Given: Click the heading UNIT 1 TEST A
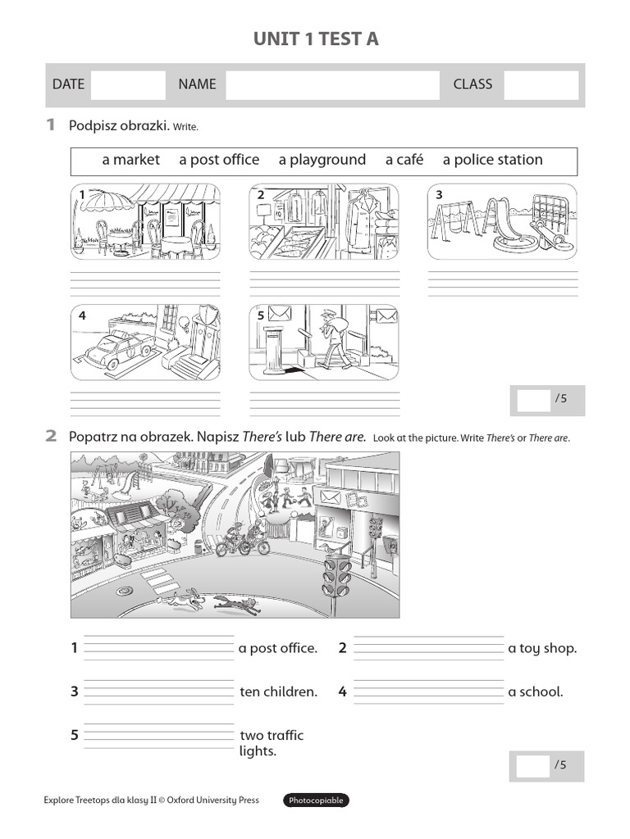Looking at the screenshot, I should tap(316, 39).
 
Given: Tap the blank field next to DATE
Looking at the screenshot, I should tap(128, 84).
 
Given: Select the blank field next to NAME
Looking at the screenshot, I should tap(332, 84).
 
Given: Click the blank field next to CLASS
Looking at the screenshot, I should tap(541, 84).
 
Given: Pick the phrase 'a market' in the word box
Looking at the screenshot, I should tap(131, 160).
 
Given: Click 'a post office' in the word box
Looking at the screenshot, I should tap(219, 160).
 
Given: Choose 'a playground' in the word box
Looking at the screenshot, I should tap(322, 160).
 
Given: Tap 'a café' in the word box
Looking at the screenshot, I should tap(404, 160).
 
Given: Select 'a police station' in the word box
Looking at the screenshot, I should tap(492, 160).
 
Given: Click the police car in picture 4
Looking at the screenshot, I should tap(118, 348).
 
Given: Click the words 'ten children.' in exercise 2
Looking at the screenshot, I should tap(278, 692).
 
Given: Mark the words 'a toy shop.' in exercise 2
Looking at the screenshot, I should tap(542, 648).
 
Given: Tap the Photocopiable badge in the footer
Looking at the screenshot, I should tap(316, 800).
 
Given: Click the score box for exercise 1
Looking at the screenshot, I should tap(532, 399).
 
